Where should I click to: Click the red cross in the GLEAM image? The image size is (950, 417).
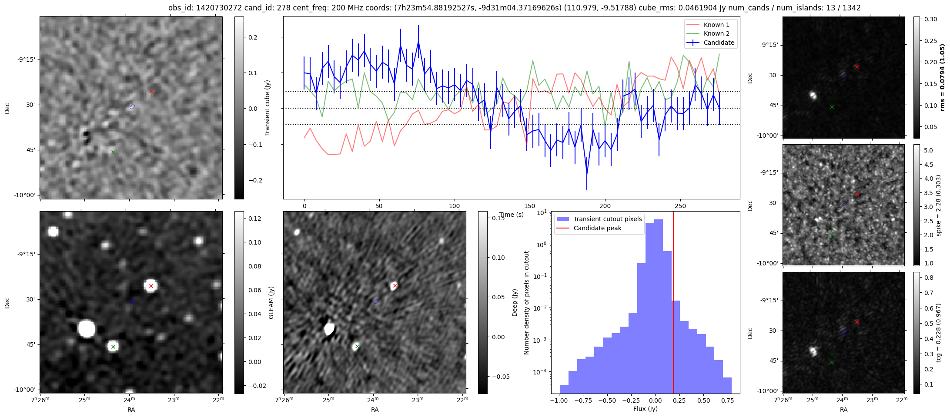151,286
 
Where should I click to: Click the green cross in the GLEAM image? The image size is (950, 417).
113,347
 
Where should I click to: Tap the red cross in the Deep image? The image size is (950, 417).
395,285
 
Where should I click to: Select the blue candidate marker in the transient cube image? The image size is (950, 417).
133,106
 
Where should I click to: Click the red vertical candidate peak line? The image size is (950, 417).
673,304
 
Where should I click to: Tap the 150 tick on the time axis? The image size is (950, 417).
530,206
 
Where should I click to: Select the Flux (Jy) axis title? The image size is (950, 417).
646,409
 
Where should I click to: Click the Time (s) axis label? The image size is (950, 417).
512,215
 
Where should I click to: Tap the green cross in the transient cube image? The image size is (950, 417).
113,152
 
